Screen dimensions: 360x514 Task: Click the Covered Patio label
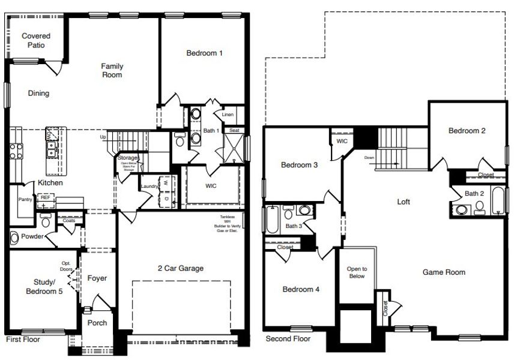point(36,40)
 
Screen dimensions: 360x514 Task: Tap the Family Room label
point(112,70)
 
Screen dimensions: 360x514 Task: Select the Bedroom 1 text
point(204,53)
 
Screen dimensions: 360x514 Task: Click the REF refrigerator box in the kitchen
point(45,197)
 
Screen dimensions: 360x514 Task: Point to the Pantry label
point(25,199)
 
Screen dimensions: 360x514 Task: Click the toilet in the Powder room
point(14,238)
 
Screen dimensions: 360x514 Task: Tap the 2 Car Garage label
point(180,268)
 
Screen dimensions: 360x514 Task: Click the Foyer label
point(97,278)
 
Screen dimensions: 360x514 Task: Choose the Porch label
point(97,323)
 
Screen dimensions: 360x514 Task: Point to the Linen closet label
point(227,114)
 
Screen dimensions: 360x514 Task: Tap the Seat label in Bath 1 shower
point(234,130)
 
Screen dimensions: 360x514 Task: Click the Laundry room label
point(149,187)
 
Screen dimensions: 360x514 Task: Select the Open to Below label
point(356,273)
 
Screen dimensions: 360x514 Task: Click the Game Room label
point(444,272)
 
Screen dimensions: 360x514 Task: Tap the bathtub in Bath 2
point(498,202)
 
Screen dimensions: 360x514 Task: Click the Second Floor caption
point(288,339)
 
